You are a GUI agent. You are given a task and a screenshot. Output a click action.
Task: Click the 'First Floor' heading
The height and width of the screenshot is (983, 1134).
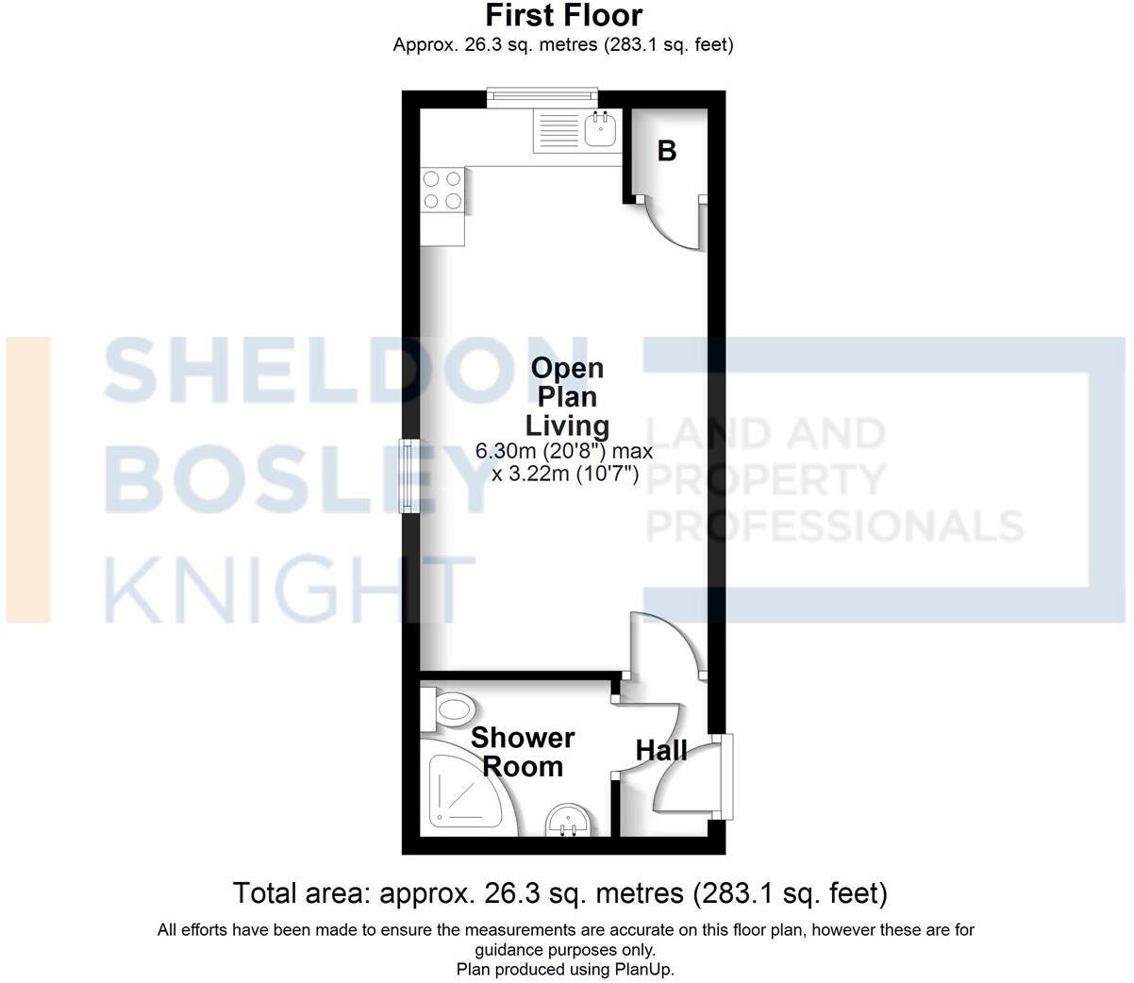click(x=563, y=16)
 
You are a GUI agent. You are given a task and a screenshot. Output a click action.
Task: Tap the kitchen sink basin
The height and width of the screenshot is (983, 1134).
click(x=600, y=129)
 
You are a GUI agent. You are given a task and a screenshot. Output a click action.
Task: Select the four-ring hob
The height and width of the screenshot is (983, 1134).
click(x=442, y=189)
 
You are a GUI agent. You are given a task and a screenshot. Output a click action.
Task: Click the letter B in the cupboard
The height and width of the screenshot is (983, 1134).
click(x=667, y=151)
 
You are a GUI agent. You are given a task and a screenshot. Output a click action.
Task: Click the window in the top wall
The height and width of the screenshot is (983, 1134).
click(x=542, y=96)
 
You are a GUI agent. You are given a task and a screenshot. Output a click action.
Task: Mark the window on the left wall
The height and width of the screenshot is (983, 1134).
click(x=410, y=476)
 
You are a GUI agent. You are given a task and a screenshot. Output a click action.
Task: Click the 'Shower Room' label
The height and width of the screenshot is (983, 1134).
click(x=523, y=752)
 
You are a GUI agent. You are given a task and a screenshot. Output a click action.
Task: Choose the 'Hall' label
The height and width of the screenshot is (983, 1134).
click(x=660, y=751)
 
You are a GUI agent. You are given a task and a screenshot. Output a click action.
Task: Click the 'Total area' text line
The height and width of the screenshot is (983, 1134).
click(x=559, y=892)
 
